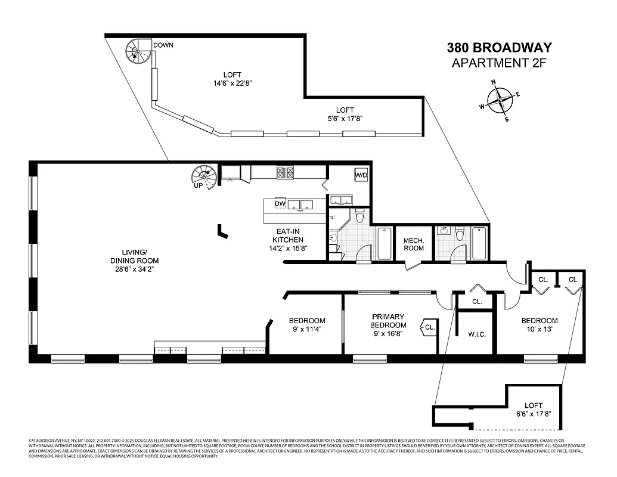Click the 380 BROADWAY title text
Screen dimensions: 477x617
[499, 48]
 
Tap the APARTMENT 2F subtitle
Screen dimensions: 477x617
[499, 63]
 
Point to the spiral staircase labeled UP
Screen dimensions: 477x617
[203, 177]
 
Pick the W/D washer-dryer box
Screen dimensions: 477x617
[361, 175]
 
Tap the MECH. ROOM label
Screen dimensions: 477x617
[414, 244]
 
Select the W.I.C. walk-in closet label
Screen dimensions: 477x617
[476, 334]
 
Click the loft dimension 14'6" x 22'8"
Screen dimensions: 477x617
[232, 83]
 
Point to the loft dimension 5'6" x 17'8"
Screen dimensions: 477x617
[345, 119]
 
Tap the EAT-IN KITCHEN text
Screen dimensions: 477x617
[289, 240]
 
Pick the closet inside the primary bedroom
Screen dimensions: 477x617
[430, 326]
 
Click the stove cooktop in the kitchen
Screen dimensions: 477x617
[285, 173]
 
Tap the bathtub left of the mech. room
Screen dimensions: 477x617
[384, 244]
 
